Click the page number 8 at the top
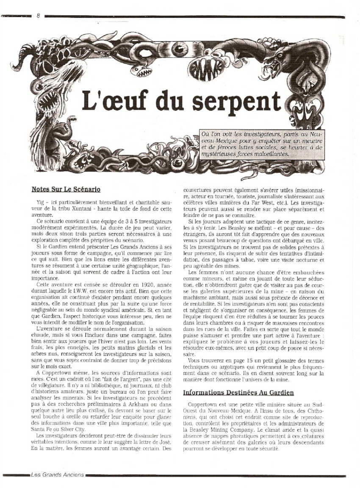pyautogui.click(x=38, y=16)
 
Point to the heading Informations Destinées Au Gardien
pyautogui.click(x=238, y=393)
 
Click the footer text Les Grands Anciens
pyautogui.click(x=57, y=475)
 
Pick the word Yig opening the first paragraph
pyautogui.click(x=37, y=202)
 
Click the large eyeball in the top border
pyautogui.click(x=180, y=50)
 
